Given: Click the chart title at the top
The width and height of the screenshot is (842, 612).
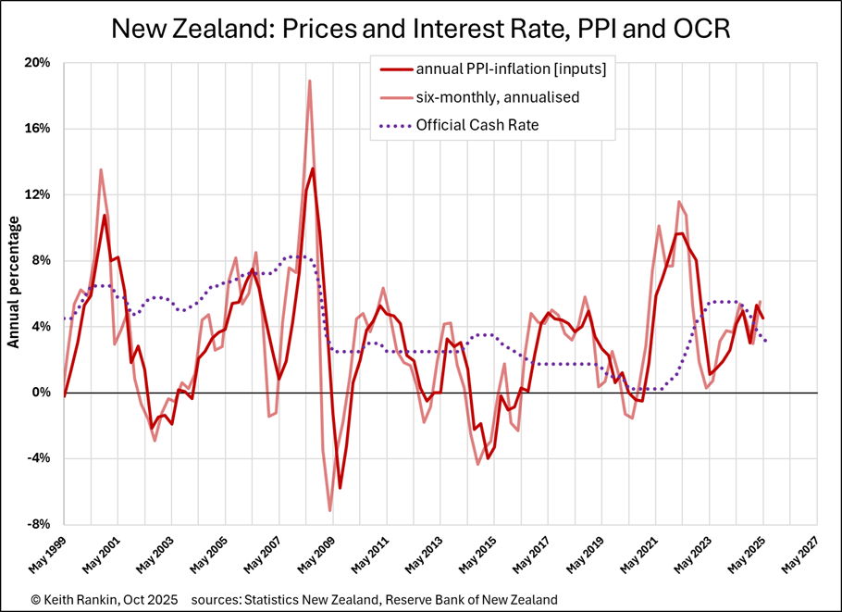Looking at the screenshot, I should click(421, 29).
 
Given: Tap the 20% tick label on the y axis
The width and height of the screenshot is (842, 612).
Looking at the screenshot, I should click(39, 63).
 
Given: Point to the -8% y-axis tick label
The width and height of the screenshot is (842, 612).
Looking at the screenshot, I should click(39, 524).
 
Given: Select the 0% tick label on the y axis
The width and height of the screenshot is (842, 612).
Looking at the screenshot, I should click(43, 393).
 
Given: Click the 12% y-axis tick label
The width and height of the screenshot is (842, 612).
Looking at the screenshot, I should click(39, 194).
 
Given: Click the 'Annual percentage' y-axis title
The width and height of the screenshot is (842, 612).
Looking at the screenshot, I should click(14, 283).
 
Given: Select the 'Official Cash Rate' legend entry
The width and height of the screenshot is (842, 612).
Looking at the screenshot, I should click(473, 125).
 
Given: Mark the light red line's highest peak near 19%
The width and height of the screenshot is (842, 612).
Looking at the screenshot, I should click(309, 81).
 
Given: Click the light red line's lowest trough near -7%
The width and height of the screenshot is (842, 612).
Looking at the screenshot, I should click(330, 510).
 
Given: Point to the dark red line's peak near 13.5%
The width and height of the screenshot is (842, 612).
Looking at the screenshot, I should click(313, 169).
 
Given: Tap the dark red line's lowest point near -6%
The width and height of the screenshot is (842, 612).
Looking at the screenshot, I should click(340, 488).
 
